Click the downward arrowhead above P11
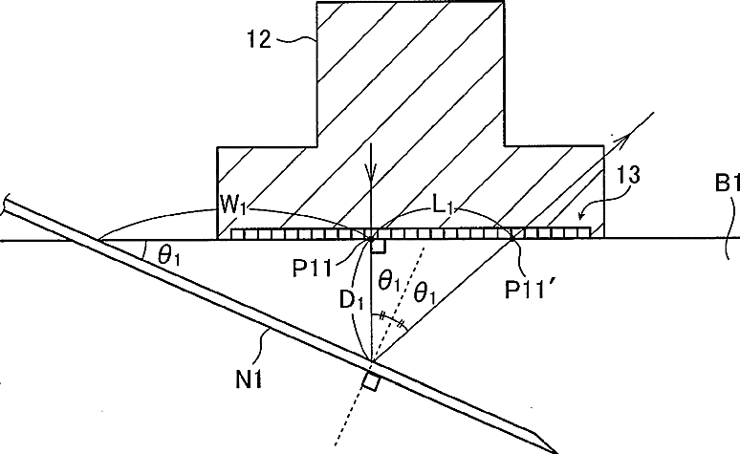click(371, 179)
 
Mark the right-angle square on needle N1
click(370, 381)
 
